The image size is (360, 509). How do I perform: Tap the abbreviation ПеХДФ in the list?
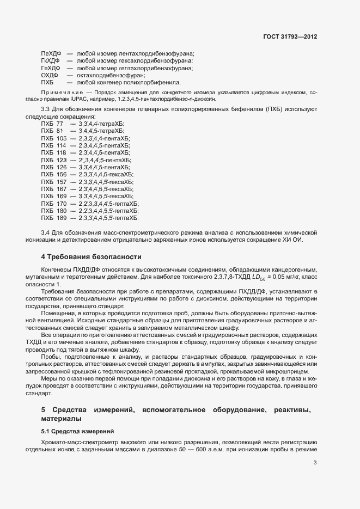51,53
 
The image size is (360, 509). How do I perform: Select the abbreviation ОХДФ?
50,75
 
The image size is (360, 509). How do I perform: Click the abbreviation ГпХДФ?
51,68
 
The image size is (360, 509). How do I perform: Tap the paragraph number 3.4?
46,233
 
